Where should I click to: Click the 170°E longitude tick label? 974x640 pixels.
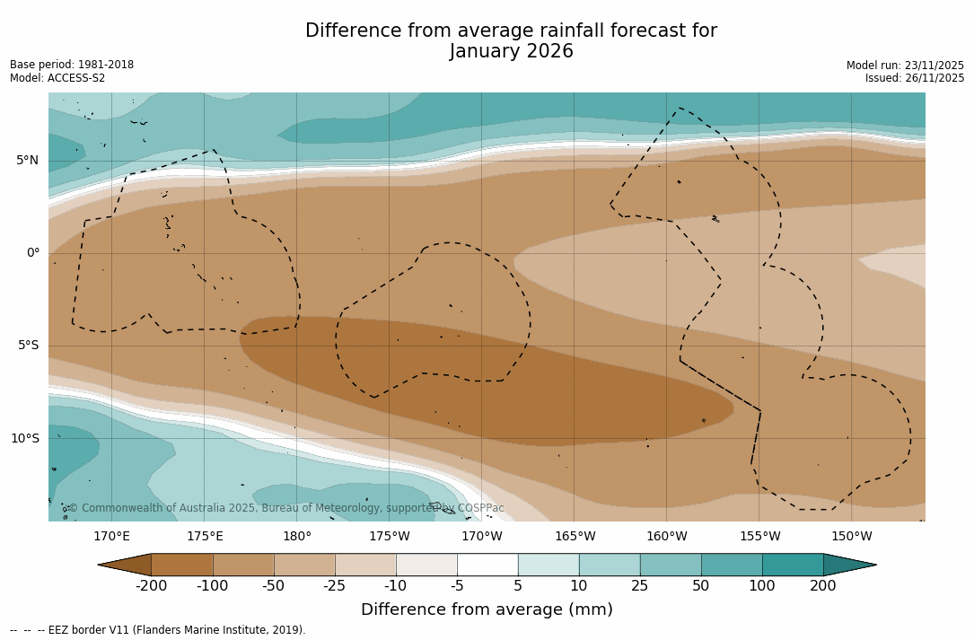(x=112, y=537)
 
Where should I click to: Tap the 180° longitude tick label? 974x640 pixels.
(x=297, y=537)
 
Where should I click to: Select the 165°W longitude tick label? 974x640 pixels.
(x=575, y=537)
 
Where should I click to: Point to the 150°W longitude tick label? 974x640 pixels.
(x=851, y=537)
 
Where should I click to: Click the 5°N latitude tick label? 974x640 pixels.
(x=27, y=161)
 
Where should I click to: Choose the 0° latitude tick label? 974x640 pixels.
(x=33, y=253)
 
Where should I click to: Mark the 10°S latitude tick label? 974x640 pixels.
(x=24, y=439)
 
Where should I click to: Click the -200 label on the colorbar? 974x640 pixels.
(x=152, y=586)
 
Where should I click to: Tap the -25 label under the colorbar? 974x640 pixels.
(x=335, y=586)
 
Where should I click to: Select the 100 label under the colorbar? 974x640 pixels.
(x=762, y=586)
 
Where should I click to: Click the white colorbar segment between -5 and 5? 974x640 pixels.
(x=487, y=565)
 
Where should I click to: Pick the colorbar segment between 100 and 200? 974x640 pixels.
(x=793, y=565)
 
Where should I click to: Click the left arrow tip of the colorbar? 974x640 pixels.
(x=101, y=565)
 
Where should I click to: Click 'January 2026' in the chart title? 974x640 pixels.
(x=511, y=52)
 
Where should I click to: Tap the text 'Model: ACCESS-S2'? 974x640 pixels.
(x=57, y=78)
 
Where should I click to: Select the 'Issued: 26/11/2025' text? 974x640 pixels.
(x=914, y=78)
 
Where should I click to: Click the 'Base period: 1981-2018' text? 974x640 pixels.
(x=72, y=65)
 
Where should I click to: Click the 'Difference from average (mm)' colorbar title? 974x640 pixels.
(x=487, y=610)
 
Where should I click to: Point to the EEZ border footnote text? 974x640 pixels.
(x=158, y=630)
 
